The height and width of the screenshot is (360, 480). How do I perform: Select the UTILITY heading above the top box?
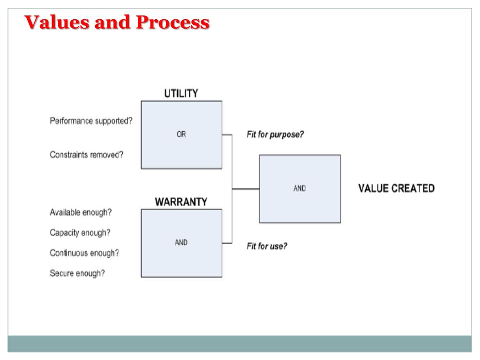pos(180,94)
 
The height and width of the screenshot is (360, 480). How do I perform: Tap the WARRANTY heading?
pos(181,202)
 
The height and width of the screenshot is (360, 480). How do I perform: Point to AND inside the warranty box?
pos(181,243)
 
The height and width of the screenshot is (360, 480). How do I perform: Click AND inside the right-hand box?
pos(300,188)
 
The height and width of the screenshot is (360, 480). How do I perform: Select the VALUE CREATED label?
pos(396,188)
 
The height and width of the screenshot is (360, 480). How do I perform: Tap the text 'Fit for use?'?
pos(267,246)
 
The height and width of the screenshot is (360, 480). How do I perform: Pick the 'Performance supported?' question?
pos(91,120)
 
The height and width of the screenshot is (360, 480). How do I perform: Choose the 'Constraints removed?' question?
pos(86,155)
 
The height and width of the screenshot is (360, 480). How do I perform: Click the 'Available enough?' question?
pos(81,212)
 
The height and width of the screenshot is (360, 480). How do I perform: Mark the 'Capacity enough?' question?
pos(80,232)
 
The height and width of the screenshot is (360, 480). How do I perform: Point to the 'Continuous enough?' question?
pos(84,253)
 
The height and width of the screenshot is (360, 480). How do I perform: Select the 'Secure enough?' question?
pos(77,274)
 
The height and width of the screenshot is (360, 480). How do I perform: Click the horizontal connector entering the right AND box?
pos(246,189)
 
